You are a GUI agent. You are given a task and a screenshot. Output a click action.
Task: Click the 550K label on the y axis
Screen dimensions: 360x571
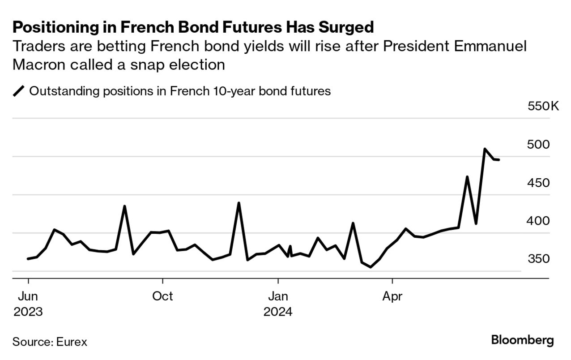[x=543, y=107]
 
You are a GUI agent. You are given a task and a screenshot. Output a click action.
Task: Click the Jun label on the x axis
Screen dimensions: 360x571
[x=28, y=296]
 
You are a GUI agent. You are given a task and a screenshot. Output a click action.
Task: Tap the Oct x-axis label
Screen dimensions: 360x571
[x=162, y=296]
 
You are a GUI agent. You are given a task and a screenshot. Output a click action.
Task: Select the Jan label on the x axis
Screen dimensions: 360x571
[x=278, y=296]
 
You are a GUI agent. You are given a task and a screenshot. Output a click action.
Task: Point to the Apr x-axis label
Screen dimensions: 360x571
[x=392, y=296]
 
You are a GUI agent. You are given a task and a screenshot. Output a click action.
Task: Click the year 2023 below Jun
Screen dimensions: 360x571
[x=28, y=312]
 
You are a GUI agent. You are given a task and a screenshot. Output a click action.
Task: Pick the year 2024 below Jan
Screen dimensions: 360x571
[x=278, y=312]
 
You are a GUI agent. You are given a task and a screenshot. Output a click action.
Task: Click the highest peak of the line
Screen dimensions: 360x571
[x=485, y=149]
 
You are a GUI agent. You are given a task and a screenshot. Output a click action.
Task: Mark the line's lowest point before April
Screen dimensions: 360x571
[x=371, y=267]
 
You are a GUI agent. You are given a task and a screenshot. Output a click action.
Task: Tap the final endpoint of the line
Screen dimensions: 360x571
[x=499, y=160]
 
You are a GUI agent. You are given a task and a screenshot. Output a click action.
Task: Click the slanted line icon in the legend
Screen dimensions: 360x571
[x=19, y=91]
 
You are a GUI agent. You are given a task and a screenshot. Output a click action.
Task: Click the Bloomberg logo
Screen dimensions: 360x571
[x=522, y=340]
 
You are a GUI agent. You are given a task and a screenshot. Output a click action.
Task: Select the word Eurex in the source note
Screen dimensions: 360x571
[x=72, y=342]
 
